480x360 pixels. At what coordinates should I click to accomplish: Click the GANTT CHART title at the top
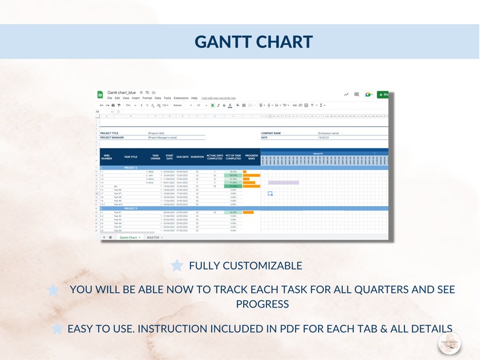[x=253, y=42]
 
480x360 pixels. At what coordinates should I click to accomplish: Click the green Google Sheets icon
[x=100, y=94]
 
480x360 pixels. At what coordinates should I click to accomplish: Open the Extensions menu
[x=181, y=98]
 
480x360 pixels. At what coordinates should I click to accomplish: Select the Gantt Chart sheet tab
[x=129, y=237]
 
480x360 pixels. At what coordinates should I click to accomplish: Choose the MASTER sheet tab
[x=153, y=237]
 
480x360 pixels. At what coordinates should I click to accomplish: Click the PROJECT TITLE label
[x=109, y=133]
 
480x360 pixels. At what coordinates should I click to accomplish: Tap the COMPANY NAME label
[x=271, y=133]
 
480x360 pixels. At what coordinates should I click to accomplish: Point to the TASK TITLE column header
[x=131, y=157]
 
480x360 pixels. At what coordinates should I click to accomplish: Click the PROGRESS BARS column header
[x=251, y=157]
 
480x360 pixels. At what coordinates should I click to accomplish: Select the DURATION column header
[x=197, y=157]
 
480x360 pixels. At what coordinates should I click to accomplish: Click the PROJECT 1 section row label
[x=131, y=167]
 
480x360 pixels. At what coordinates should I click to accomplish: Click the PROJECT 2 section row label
[x=131, y=208]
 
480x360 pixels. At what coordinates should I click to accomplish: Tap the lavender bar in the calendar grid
[x=283, y=182]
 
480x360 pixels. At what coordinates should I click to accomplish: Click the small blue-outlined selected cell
[x=270, y=193]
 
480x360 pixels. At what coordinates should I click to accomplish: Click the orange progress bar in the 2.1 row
[x=248, y=212]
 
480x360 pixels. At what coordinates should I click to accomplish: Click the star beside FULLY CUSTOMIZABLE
[x=177, y=265]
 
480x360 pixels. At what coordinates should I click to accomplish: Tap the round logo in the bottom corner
[x=449, y=343]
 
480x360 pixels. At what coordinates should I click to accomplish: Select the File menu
[x=109, y=98]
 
